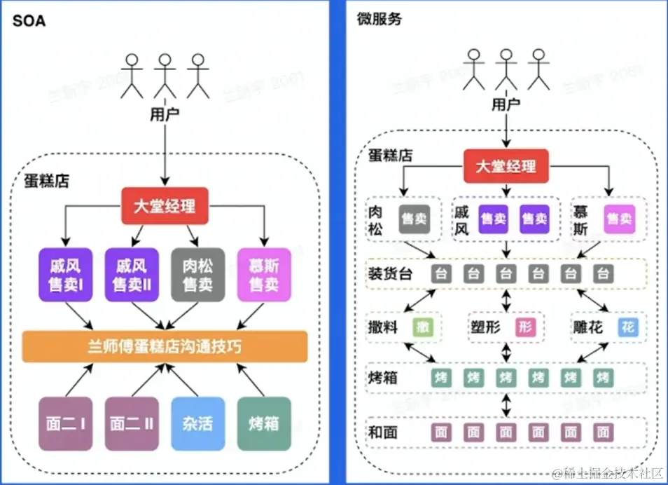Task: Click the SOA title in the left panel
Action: point(29,20)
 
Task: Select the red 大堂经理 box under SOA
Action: point(165,206)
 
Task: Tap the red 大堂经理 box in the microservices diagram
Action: point(506,167)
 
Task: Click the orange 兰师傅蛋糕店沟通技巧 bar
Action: point(165,346)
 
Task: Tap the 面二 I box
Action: point(65,423)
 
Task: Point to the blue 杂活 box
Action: point(198,423)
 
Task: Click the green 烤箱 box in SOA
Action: point(263,423)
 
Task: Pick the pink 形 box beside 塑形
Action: point(525,327)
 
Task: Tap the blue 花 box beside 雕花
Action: point(628,327)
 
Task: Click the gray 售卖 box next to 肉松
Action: point(414,219)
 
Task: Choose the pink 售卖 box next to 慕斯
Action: point(619,219)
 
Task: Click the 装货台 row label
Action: point(389,274)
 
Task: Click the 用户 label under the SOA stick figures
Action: point(165,113)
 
